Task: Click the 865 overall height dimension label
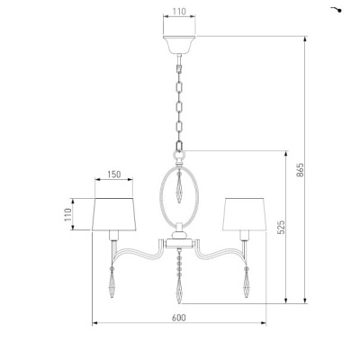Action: tap(301, 170)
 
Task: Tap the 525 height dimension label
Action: tap(281, 227)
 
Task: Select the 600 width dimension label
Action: tap(179, 318)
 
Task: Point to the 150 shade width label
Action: tap(114, 175)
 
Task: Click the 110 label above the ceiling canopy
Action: tap(179, 12)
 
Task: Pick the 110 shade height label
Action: tap(67, 214)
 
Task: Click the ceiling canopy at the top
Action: tap(179, 45)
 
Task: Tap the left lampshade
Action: tap(114, 214)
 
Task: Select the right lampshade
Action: tap(244, 214)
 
